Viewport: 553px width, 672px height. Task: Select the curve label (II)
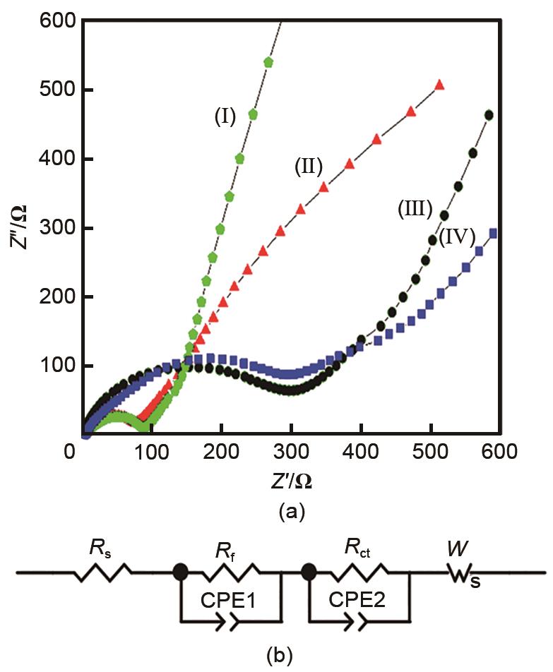[x=308, y=167]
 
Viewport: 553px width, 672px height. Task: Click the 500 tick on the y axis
[x=51, y=90]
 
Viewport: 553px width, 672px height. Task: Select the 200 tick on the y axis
[x=51, y=297]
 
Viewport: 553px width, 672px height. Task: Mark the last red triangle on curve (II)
[x=439, y=85]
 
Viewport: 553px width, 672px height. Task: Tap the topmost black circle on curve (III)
[x=489, y=115]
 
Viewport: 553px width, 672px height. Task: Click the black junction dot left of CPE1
[x=181, y=572]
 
